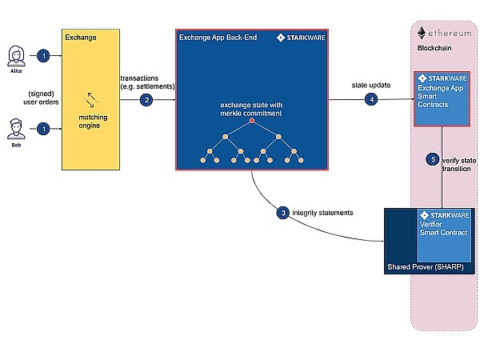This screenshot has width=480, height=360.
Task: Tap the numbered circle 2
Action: coord(146,100)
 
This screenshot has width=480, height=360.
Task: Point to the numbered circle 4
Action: coord(370,99)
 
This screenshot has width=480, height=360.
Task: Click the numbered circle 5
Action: coord(434,159)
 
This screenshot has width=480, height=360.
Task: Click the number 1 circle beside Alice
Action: coord(45,55)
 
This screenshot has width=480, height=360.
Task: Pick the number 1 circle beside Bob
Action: coord(45,127)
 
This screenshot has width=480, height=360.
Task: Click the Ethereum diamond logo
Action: coord(422,32)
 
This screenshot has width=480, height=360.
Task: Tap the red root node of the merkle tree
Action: coord(251,120)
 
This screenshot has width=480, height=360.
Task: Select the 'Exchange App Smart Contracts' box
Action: coord(440,100)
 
